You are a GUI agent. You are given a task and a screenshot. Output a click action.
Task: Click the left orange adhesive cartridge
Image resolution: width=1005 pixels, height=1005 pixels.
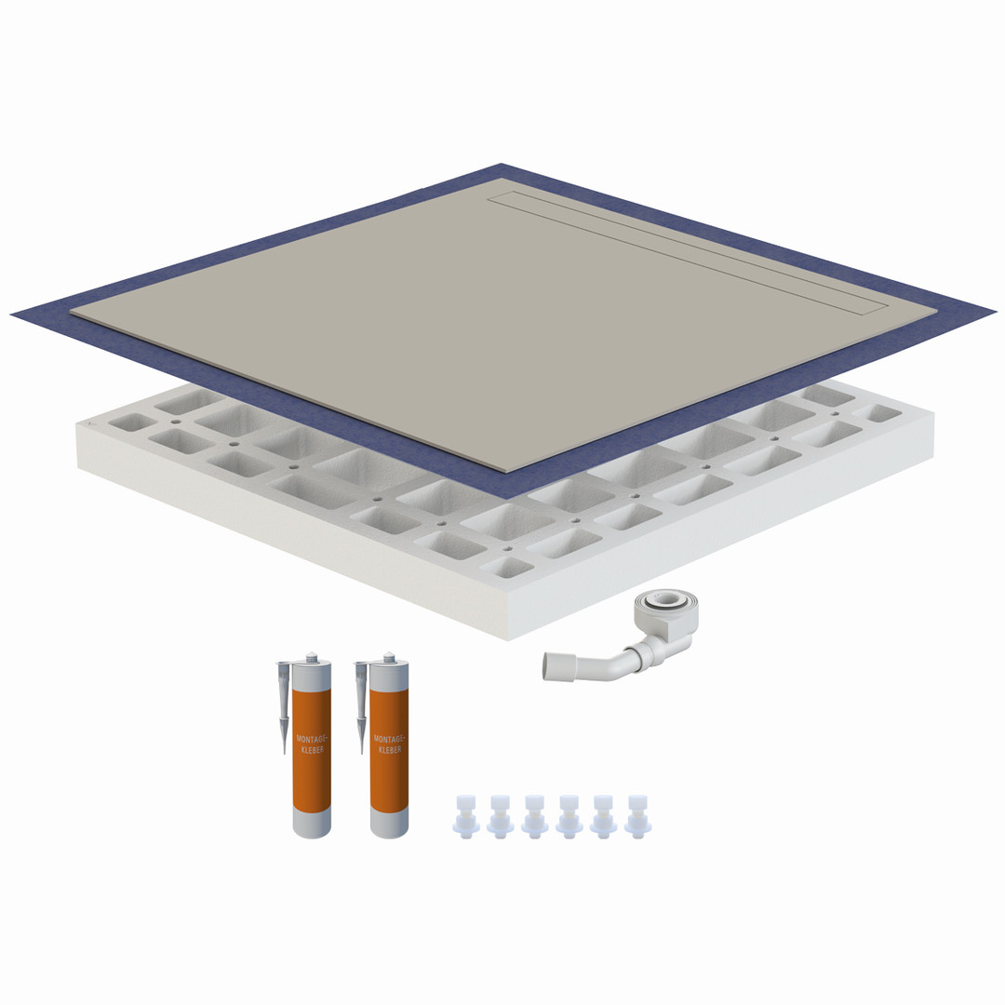pos(312,746)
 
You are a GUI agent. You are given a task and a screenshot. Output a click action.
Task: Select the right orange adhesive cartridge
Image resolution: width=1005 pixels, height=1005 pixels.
pos(389,746)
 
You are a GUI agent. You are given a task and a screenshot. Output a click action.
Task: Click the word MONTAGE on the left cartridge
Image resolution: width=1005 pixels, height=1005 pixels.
pos(312,739)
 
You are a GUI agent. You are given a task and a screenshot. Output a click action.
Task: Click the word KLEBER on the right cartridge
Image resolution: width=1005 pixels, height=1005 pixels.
pos(390,749)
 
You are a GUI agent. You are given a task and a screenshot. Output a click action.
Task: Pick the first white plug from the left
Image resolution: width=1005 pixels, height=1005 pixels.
pos(465,817)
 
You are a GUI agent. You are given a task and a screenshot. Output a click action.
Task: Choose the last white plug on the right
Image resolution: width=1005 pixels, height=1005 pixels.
pos(637,817)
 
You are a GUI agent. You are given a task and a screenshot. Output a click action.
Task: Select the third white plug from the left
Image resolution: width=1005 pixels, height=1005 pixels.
pos(534,817)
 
